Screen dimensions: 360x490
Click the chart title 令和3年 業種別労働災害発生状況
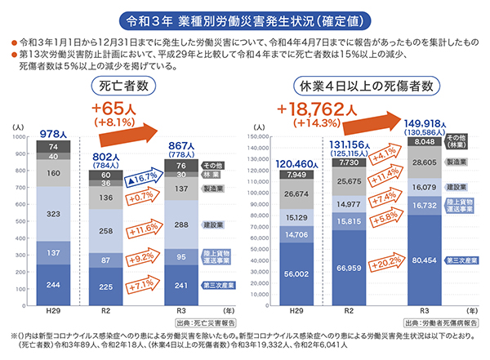244,16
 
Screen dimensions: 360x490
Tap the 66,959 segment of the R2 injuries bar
349,268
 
